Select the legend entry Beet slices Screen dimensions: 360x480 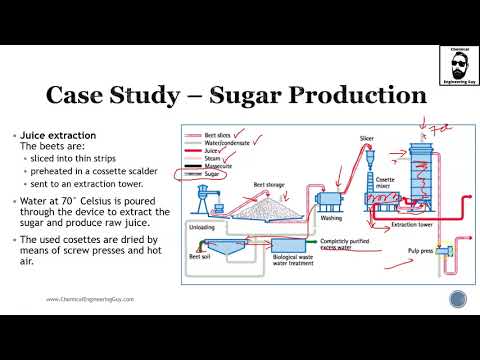223,133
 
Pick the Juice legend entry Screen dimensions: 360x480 214,150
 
